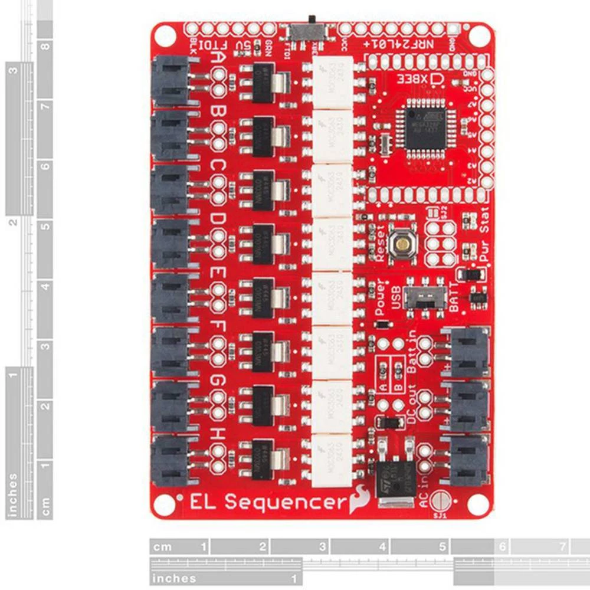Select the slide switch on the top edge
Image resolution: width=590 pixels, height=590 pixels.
(308, 29)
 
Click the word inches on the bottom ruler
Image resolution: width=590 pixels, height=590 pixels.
(174, 578)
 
